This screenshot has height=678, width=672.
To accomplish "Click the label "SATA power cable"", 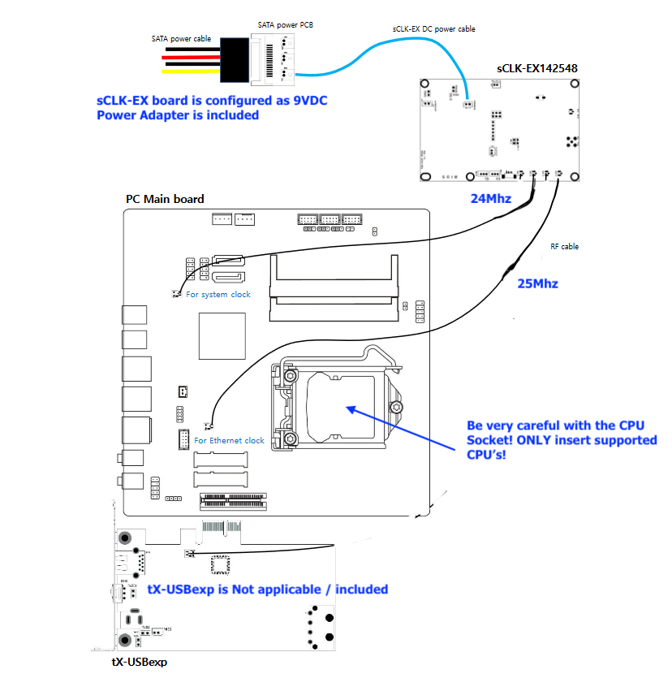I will coord(182,38).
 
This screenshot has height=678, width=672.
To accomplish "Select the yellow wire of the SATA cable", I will coord(191,71).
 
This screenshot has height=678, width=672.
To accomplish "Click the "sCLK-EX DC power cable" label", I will coord(433,29).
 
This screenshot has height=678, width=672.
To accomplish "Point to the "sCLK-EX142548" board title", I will coord(537,68).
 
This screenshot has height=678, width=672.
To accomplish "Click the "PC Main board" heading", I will coord(165,199).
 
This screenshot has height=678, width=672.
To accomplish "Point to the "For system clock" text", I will coord(218,294).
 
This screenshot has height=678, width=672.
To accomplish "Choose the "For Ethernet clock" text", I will coord(229,440).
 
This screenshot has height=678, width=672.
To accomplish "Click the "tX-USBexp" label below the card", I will coord(139,663).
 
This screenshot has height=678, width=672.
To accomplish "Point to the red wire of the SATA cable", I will coord(191,57).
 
